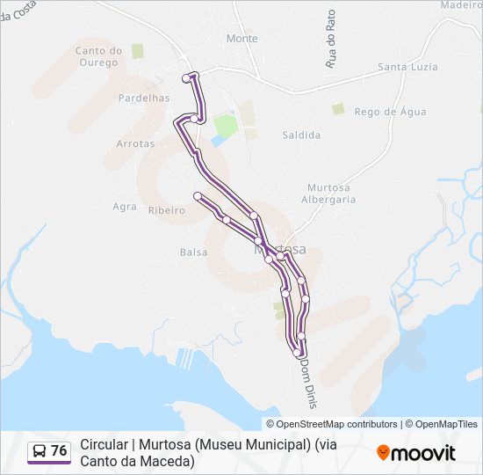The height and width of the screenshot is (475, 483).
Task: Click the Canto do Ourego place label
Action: click(97, 56)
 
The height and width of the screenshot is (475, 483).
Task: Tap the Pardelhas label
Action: click(143, 98)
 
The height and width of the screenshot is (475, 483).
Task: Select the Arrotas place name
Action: click(135, 143)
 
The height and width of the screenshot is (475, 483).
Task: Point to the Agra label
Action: click(125, 207)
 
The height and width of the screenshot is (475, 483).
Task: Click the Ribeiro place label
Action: click(166, 210)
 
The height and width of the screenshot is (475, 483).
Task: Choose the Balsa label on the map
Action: click(193, 252)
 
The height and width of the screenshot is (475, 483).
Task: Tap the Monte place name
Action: click(242, 39)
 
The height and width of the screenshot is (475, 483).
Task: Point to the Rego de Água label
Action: click(390, 112)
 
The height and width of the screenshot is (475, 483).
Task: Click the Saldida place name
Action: click(301, 135)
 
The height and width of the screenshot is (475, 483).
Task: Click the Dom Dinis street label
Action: click(307, 382)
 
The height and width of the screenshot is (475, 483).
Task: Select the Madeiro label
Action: click(462, 4)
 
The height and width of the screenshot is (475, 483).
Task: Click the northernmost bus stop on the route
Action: click(186, 78)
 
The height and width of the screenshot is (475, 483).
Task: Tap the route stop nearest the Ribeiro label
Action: click(198, 195)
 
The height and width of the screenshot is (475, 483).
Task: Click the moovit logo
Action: click(416, 453)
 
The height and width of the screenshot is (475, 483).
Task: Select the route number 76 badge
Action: click(49, 451)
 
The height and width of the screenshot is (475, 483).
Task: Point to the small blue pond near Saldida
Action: click(217, 140)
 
